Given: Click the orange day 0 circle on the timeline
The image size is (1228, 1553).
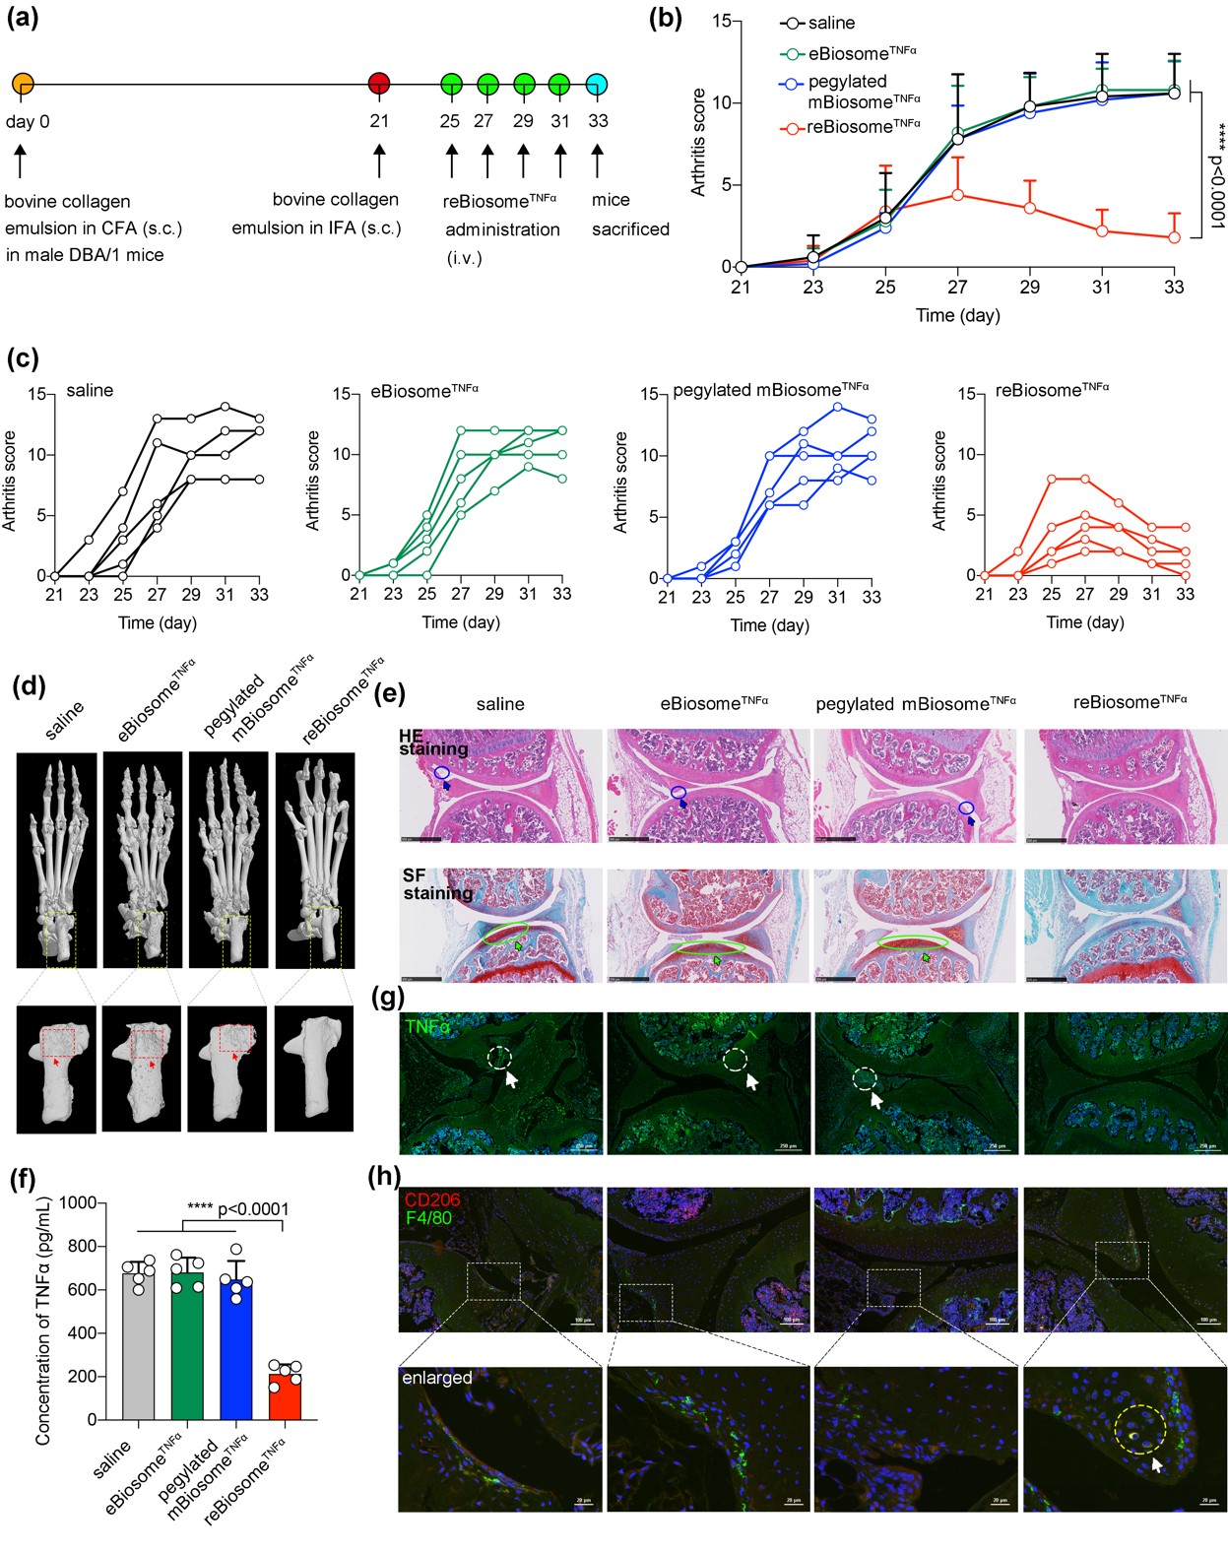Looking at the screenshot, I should click(23, 84).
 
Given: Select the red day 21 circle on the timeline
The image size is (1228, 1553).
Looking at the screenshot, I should click(379, 84).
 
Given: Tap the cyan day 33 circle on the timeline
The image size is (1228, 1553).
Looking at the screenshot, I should click(597, 84).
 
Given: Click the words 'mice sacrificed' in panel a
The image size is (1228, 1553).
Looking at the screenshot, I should click(630, 215).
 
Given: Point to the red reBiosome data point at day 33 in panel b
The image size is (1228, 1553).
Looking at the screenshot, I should click(1174, 237).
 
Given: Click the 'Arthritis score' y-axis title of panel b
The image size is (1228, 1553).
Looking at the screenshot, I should click(699, 143).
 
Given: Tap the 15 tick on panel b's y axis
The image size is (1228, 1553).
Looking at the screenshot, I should click(722, 21).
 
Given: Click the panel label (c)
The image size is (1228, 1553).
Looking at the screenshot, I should click(23, 357).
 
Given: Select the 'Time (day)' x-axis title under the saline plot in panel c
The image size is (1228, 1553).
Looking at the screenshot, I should click(158, 622).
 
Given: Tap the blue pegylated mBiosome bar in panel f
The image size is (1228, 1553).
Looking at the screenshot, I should click(236, 1349).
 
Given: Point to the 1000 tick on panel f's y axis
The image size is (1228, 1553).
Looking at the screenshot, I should click(78, 1202).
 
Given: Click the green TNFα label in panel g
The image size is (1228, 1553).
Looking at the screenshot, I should click(427, 1027).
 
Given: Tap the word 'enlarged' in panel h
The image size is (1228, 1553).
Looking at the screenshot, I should click(437, 1378).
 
